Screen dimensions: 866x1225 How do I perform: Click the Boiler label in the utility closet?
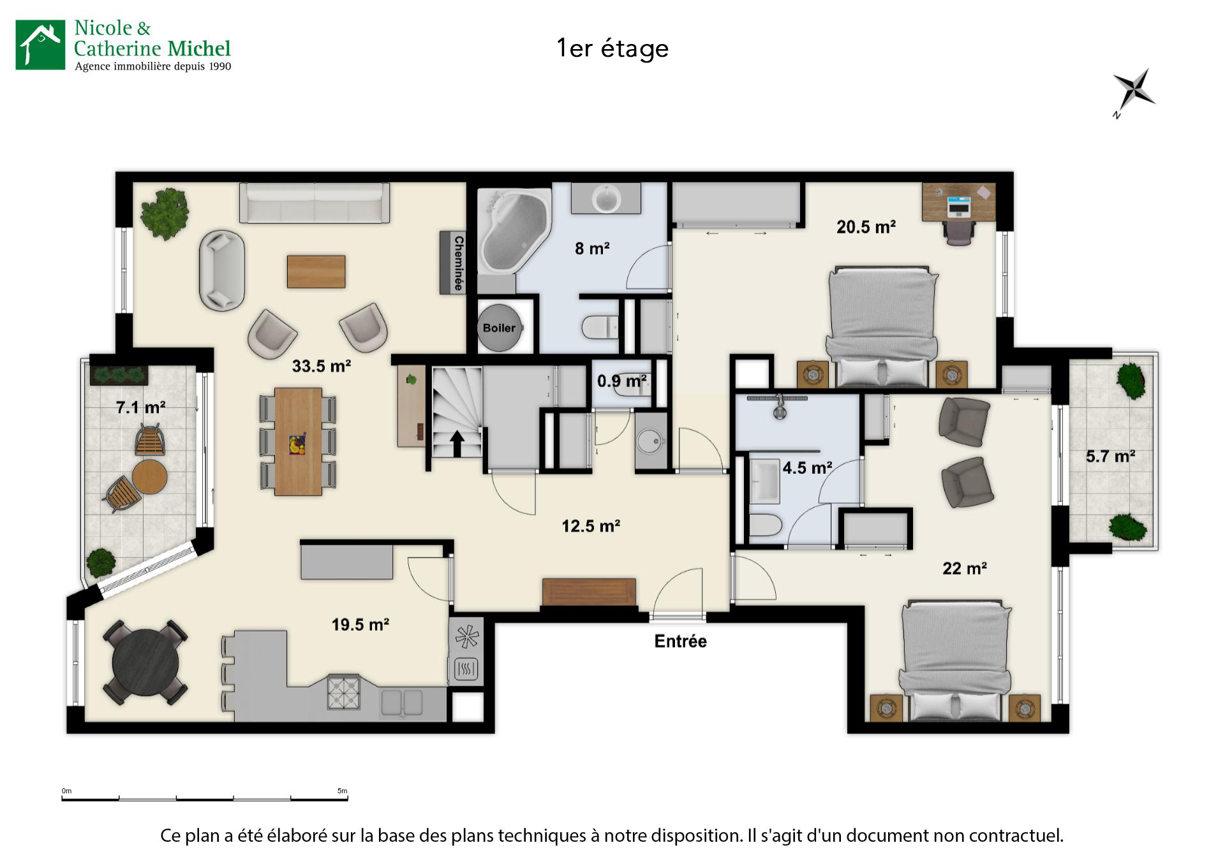[499, 328]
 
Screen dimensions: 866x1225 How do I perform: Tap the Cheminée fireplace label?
[458, 263]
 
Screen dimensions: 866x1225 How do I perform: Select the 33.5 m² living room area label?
[322, 366]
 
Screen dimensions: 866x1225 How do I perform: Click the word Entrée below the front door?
[680, 641]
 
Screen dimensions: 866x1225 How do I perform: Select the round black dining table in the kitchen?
[146, 663]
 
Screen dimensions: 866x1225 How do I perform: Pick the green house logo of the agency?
[40, 44]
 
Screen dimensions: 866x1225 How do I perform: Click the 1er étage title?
[612, 48]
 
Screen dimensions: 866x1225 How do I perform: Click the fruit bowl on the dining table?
[297, 444]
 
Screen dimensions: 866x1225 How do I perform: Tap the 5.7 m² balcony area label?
[1110, 457]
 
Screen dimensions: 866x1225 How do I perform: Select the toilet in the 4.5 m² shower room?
[764, 527]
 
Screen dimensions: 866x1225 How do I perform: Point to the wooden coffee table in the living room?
[316, 271]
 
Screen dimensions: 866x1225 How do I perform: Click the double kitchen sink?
[402, 703]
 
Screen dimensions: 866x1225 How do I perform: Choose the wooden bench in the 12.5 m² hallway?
[588, 592]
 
